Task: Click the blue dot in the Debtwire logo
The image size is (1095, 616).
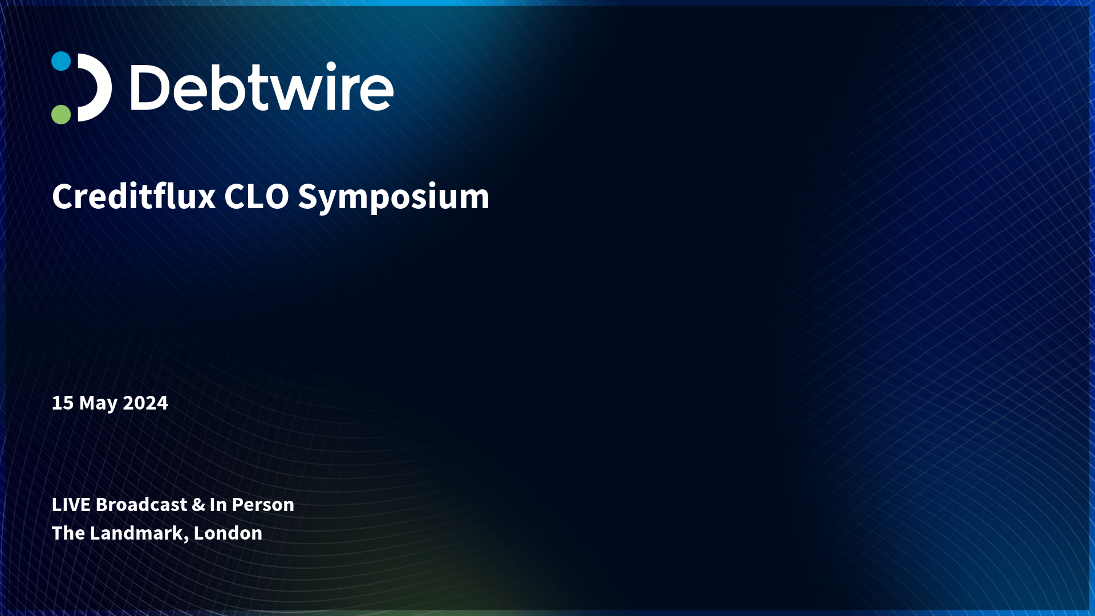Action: tap(61, 61)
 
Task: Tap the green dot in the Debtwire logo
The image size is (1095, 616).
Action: tap(61, 114)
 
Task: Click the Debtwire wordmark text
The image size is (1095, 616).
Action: tap(262, 87)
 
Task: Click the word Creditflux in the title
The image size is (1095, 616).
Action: tap(134, 196)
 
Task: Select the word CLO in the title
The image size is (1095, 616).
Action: tap(257, 197)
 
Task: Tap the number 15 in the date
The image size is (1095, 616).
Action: tap(63, 403)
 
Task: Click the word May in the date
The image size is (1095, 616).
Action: tap(98, 404)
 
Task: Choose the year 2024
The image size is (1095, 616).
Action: tap(145, 403)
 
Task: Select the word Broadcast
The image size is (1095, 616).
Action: tap(141, 505)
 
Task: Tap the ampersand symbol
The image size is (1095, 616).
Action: tap(198, 505)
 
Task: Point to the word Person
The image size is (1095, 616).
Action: tap(263, 505)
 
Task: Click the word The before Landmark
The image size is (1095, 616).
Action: tap(68, 533)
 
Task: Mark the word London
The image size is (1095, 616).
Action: tap(228, 533)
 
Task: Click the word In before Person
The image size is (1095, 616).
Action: tap(218, 505)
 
